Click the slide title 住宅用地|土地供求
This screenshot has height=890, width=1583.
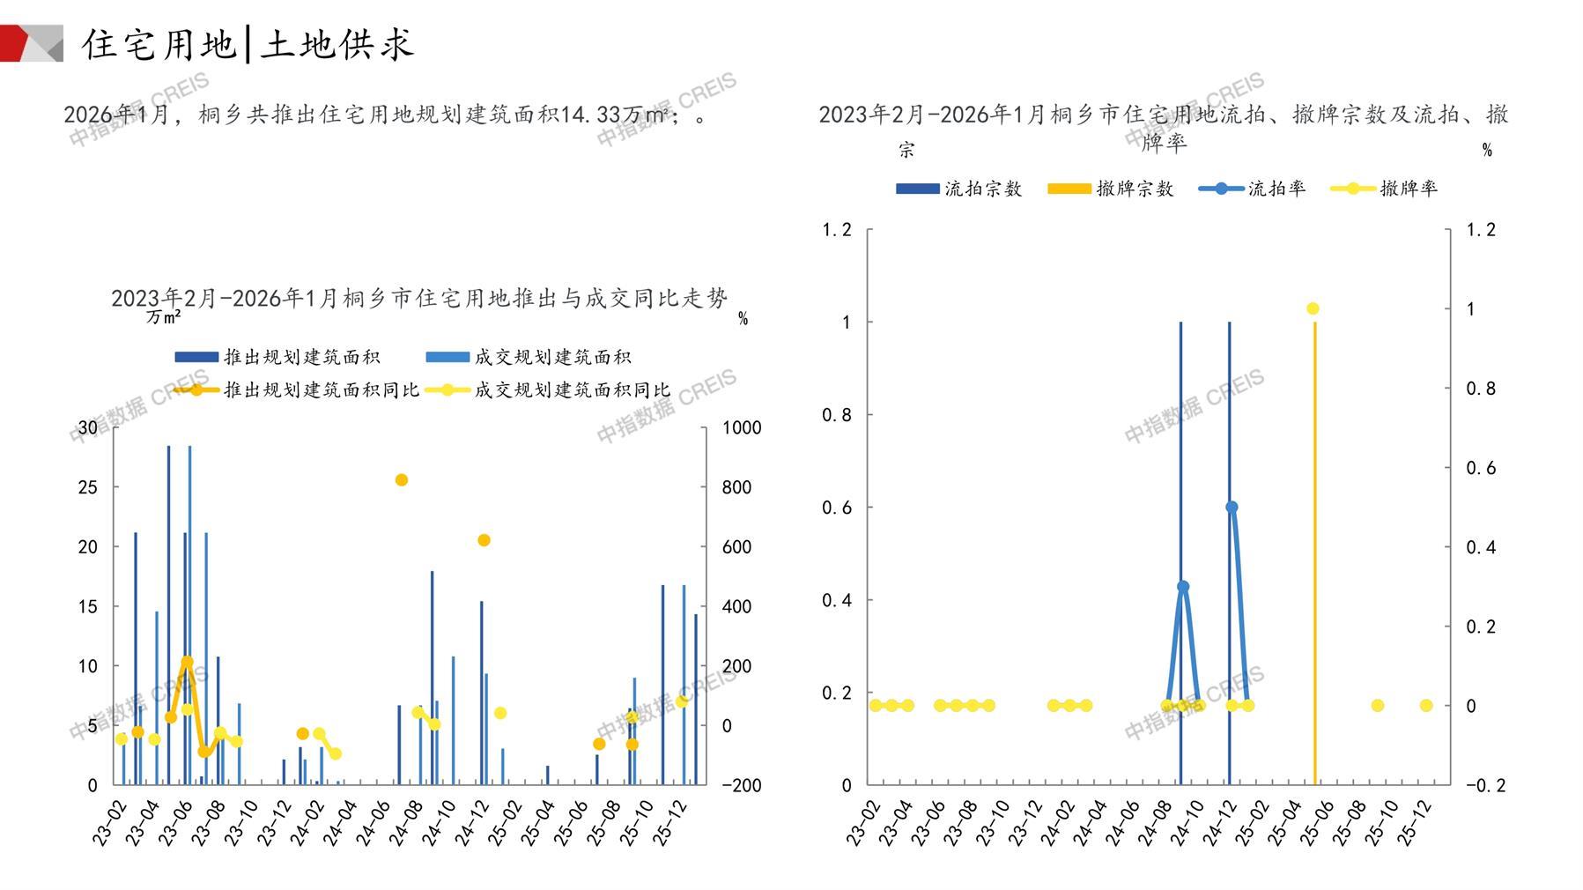coord(248,44)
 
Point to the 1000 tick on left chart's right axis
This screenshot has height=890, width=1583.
coord(742,428)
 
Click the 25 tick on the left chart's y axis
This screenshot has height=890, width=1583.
coord(88,487)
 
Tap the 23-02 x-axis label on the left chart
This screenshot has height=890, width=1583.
coord(110,823)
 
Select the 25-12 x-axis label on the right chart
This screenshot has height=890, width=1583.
coord(1417,823)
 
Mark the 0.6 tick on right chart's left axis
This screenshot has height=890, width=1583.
coord(837,508)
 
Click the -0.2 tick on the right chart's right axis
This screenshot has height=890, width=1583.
coord(1485,785)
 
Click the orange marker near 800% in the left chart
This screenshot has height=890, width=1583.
coord(402,480)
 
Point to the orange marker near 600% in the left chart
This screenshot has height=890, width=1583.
coord(484,540)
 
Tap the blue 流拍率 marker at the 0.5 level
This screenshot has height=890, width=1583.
coord(1232,508)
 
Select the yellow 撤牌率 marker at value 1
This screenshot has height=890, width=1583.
coord(1313,309)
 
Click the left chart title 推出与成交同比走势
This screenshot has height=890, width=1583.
coord(419,299)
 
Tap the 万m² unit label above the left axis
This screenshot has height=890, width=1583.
coord(164,317)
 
